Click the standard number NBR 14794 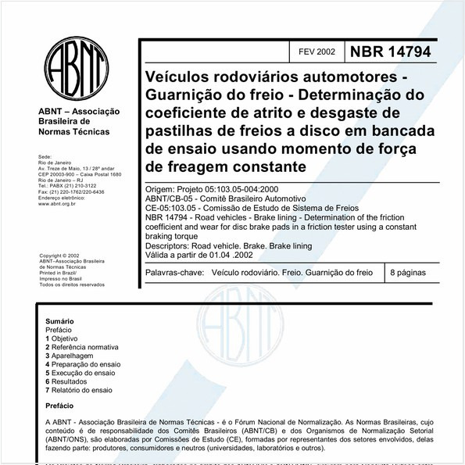coord(390,52)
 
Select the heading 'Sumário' coord(59,321)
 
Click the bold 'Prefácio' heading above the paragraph coord(61,406)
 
